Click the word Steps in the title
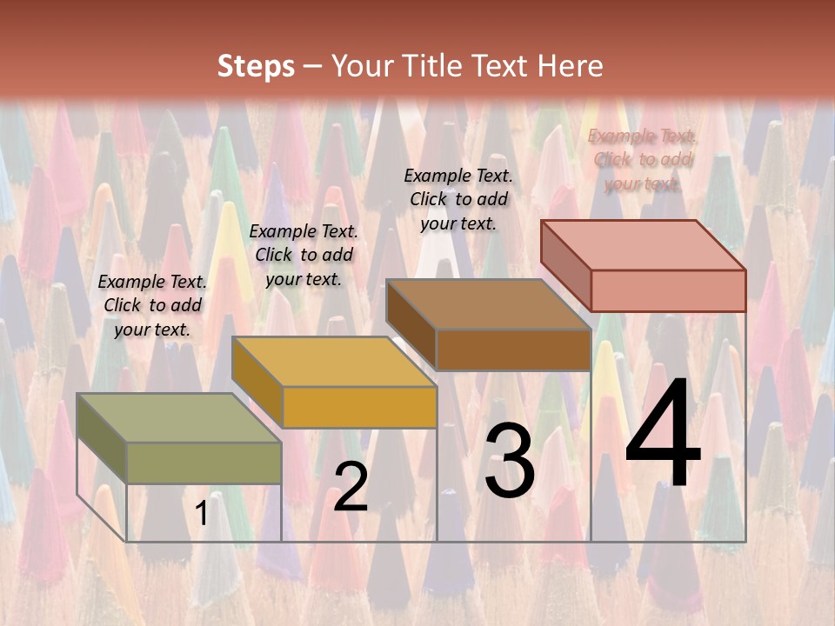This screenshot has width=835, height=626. (x=256, y=66)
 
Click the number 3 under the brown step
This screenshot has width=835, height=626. (x=509, y=461)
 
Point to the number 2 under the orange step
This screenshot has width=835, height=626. (x=351, y=487)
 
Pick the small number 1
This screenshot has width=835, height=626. (x=202, y=514)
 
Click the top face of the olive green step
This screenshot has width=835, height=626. (x=178, y=417)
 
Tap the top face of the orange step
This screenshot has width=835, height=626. (x=333, y=361)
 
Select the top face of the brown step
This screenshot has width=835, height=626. (x=488, y=304)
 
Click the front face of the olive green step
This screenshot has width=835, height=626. (x=204, y=463)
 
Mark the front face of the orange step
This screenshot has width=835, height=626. (x=359, y=407)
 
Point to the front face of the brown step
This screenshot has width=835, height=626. (x=513, y=350)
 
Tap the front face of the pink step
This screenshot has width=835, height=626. (x=668, y=290)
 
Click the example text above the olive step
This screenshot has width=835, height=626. (x=152, y=306)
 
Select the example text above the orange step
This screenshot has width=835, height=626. (x=303, y=256)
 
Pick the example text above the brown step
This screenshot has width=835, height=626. (x=458, y=199)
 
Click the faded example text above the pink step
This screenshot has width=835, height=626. (x=642, y=160)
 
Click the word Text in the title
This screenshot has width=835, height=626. (x=502, y=66)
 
